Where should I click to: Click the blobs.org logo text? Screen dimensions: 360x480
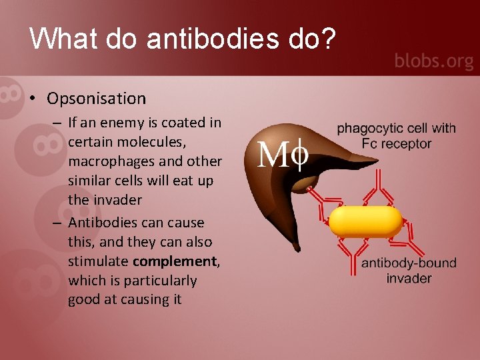(434, 61)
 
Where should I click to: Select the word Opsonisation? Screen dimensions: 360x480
(96, 99)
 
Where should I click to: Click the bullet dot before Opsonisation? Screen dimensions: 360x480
(31, 99)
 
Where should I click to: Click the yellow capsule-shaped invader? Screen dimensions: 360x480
(366, 222)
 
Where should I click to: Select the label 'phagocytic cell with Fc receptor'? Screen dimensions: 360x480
(397, 135)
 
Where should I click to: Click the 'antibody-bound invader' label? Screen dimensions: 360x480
(409, 270)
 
